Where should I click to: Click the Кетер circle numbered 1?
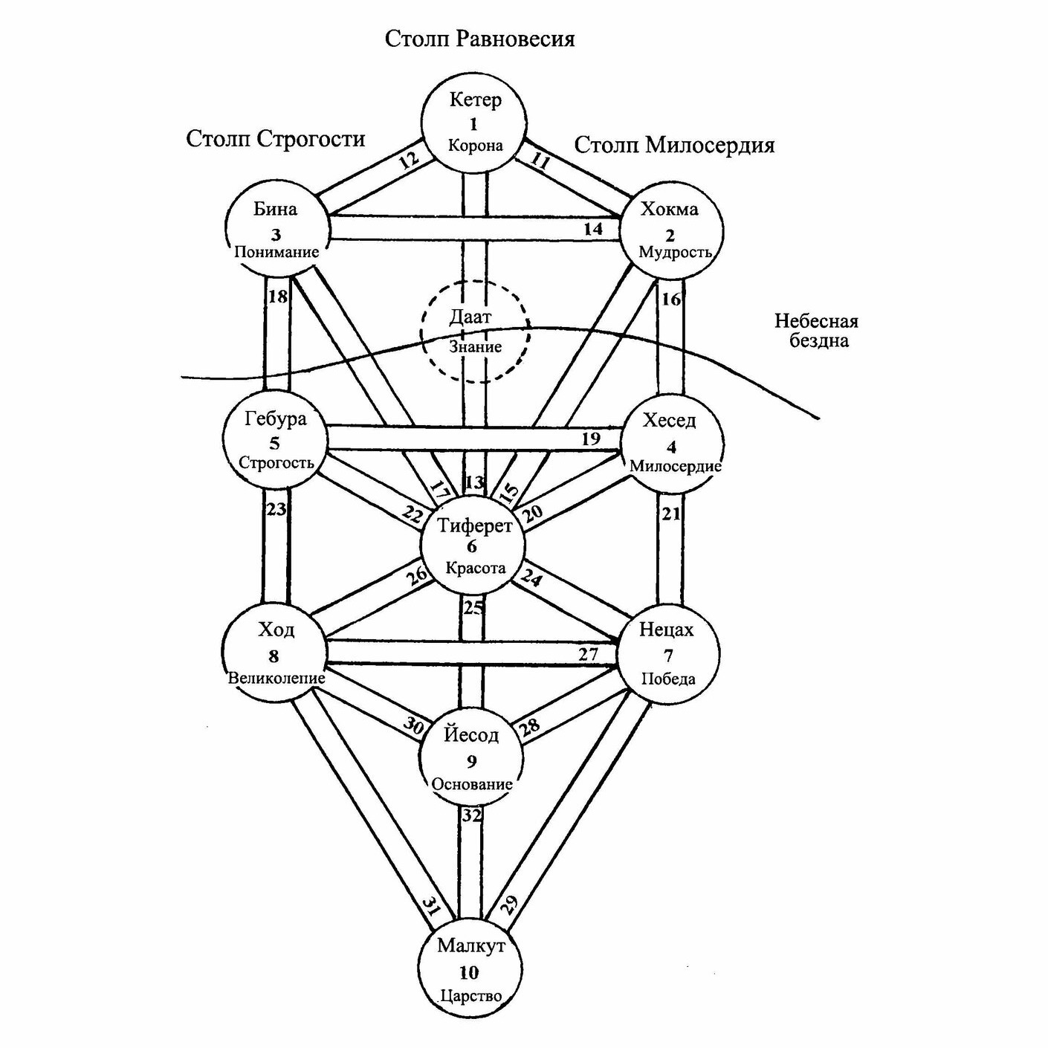474,123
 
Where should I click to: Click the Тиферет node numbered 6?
473,546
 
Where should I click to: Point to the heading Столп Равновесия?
479,39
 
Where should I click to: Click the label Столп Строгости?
276,139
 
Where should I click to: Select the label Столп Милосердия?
674,144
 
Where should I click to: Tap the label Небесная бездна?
816,331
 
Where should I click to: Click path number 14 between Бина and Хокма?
592,229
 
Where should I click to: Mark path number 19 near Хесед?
591,439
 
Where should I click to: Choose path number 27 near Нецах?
588,654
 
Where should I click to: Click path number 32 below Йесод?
471,815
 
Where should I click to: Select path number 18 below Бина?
277,297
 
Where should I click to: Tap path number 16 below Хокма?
670,299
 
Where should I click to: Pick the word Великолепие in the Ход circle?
276,678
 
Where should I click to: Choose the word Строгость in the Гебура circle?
276,463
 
